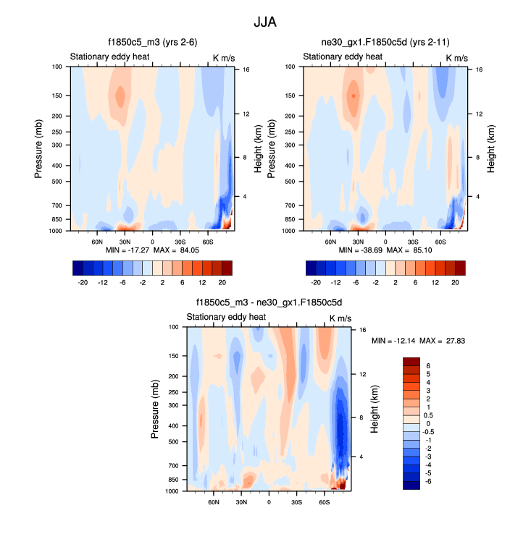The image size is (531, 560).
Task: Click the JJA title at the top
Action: tap(266, 22)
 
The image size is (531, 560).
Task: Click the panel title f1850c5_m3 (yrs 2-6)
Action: tap(151, 43)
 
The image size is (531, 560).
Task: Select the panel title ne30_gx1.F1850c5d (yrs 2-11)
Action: tap(384, 43)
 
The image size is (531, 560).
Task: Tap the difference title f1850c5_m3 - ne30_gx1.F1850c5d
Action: tap(268, 303)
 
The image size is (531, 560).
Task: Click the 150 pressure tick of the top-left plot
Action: tap(58, 96)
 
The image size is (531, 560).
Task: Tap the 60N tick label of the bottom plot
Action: tap(214, 501)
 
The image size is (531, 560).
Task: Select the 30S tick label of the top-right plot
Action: tap(413, 241)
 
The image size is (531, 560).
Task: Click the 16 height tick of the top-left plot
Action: tap(246, 69)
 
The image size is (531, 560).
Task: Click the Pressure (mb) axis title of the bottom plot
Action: tap(155, 410)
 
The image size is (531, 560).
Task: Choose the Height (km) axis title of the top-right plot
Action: tap(491, 149)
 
